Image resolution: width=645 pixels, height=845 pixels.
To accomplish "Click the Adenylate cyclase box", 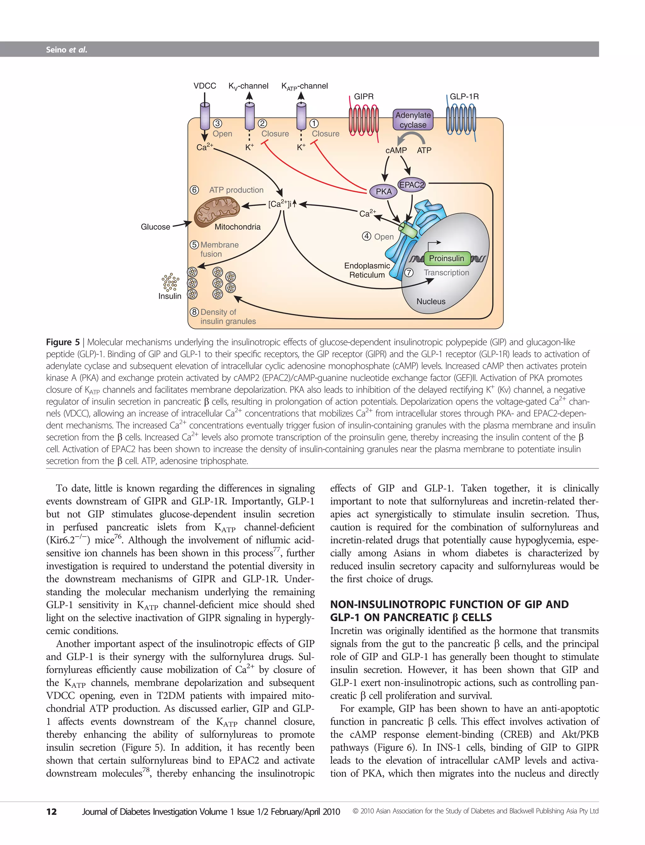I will (413, 120).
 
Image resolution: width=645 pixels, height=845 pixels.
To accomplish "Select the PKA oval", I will (384, 192).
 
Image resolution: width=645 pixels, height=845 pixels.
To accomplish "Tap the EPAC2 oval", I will (412, 185).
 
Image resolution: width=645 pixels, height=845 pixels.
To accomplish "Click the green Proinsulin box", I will (446, 258).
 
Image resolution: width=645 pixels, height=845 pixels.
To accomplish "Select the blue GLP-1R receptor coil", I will (461, 121).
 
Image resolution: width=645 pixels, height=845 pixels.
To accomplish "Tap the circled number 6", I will (195, 190).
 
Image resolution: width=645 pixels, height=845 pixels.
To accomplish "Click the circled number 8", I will (195, 312).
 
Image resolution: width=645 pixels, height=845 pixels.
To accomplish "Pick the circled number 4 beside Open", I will (367, 236).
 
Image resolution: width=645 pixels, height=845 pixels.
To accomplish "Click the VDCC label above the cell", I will (205, 86).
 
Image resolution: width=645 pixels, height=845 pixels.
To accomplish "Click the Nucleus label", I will (431, 302).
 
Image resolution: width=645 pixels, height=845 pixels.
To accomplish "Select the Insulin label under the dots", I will (170, 296).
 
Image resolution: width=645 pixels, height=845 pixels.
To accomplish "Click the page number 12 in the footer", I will (51, 812).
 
